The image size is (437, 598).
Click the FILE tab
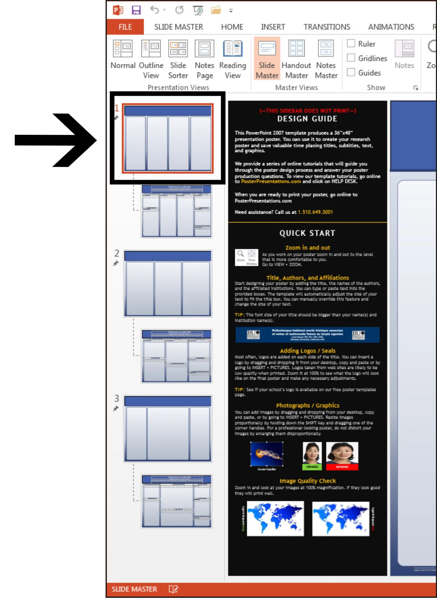point(125,27)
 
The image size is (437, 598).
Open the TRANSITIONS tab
point(326,27)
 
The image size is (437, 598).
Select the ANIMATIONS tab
point(391,27)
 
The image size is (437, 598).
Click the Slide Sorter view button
point(178,59)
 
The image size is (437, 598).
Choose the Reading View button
point(233,59)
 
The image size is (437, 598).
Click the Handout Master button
point(296,59)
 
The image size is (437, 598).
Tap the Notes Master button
point(326,59)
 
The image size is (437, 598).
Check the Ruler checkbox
point(351,43)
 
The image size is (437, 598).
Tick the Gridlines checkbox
point(351,58)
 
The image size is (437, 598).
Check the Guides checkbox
point(351,73)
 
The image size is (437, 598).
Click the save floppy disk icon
point(136,10)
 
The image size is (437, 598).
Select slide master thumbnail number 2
point(168,283)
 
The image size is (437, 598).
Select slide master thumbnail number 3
point(168,429)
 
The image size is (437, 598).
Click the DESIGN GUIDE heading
point(307,119)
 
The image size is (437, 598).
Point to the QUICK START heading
point(307,233)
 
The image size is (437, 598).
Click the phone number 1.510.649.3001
point(315,212)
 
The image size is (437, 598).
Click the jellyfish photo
point(267,454)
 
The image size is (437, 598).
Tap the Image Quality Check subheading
point(307,481)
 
